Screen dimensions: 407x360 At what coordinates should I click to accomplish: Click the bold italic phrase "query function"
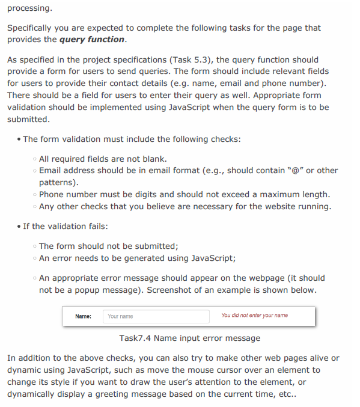point(93,40)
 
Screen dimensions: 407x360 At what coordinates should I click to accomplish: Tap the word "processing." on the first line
point(29,9)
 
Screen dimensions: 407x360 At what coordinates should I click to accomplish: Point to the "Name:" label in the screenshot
point(83,316)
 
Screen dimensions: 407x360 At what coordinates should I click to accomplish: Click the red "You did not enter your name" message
point(254,316)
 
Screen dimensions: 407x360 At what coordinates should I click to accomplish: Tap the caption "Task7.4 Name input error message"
point(189,338)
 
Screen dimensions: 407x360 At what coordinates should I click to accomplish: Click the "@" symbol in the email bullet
point(296,170)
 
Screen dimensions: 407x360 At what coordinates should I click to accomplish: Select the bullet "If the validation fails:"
point(66,227)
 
